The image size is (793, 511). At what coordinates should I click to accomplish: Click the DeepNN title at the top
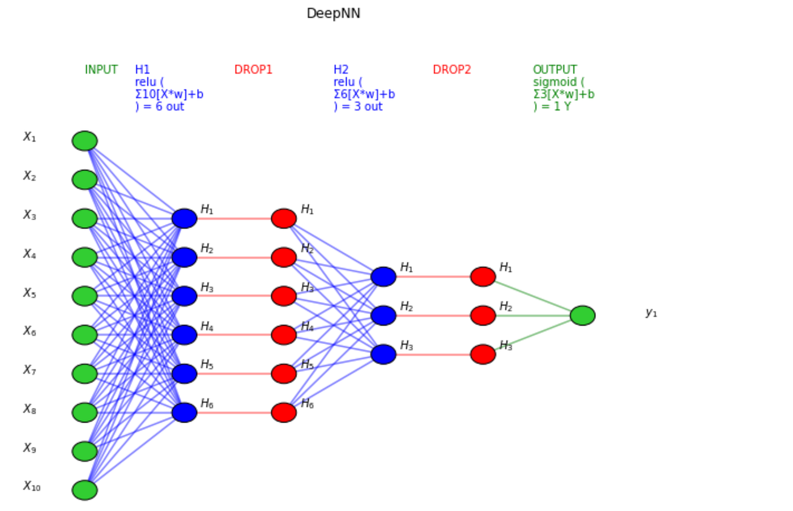pyautogui.click(x=333, y=14)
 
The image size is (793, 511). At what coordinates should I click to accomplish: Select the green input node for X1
pyautogui.click(x=84, y=140)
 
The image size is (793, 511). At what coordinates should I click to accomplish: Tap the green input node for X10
pyautogui.click(x=84, y=490)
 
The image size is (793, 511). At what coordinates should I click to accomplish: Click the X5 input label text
pyautogui.click(x=29, y=293)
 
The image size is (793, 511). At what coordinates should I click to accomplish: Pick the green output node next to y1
pyautogui.click(x=582, y=316)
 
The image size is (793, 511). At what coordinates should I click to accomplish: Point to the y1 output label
pyautogui.click(x=651, y=313)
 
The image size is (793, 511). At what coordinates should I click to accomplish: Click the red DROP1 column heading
pyautogui.click(x=253, y=70)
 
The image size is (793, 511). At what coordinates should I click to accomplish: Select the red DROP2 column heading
pyautogui.click(x=451, y=70)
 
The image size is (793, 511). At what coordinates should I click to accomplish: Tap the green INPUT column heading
pyautogui.click(x=101, y=70)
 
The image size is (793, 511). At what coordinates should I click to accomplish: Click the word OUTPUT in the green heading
pyautogui.click(x=555, y=70)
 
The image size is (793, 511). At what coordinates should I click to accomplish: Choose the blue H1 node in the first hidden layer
pyautogui.click(x=184, y=218)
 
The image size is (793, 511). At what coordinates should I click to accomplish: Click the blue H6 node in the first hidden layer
pyautogui.click(x=184, y=412)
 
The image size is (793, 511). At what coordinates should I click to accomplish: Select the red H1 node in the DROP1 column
pyautogui.click(x=284, y=218)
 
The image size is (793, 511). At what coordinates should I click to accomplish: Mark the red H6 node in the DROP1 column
pyautogui.click(x=284, y=412)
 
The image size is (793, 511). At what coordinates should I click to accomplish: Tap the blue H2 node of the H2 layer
pyautogui.click(x=383, y=316)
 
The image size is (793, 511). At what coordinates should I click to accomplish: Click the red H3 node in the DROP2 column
pyautogui.click(x=483, y=355)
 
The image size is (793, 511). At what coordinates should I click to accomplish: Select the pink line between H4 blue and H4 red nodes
pyautogui.click(x=234, y=335)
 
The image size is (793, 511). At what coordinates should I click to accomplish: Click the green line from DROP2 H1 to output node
pyautogui.click(x=532, y=296)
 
